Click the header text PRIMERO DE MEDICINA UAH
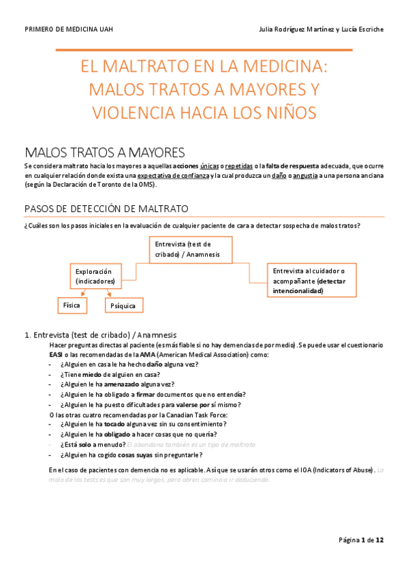coord(68,29)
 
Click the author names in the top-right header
coord(321,29)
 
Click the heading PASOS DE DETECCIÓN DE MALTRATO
coord(106,208)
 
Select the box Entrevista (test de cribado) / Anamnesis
coord(190,249)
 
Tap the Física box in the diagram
coord(72,305)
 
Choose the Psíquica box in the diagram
coord(123,306)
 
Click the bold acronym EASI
coord(56,354)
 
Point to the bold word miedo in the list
coord(93,374)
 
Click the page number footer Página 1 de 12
coord(361,540)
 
